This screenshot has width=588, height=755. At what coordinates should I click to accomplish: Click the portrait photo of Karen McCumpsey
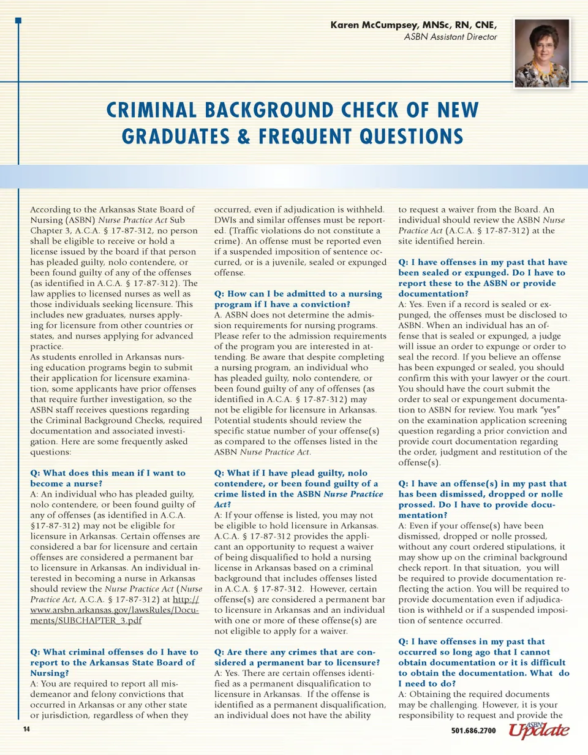542,53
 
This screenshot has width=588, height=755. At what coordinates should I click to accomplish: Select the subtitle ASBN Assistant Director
450,37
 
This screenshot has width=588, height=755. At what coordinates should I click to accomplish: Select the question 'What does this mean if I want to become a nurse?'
108,478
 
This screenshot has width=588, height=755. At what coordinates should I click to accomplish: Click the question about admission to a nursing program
298,299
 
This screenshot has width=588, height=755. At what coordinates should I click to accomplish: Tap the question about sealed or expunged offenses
482,273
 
